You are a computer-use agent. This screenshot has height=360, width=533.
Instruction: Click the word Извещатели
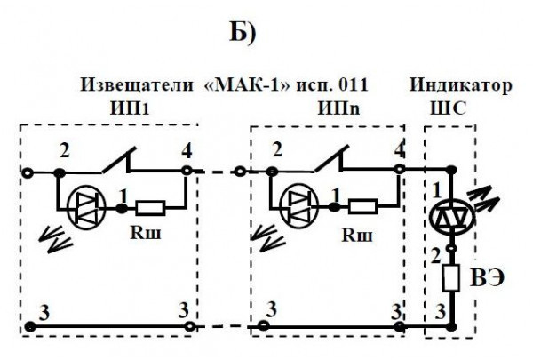pos(138,85)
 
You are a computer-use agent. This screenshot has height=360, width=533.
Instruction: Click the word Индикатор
pos(460,85)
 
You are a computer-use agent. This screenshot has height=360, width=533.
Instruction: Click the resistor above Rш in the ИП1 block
pos(149,208)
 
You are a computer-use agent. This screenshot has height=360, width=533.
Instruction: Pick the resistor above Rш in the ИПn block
pos(362,208)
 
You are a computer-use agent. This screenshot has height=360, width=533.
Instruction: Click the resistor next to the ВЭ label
pos(452,279)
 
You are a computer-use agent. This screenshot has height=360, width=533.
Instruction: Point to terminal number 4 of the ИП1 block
pos(187,148)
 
